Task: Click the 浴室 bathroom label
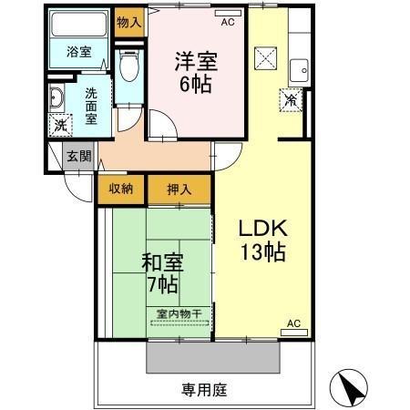[x=78, y=52]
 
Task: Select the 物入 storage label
[x=128, y=19]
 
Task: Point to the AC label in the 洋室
[x=228, y=19]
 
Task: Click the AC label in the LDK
[x=293, y=323]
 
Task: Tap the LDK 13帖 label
[x=262, y=240]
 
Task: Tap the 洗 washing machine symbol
[x=60, y=124]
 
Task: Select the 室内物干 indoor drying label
[x=179, y=313]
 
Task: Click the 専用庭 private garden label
[x=203, y=390]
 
